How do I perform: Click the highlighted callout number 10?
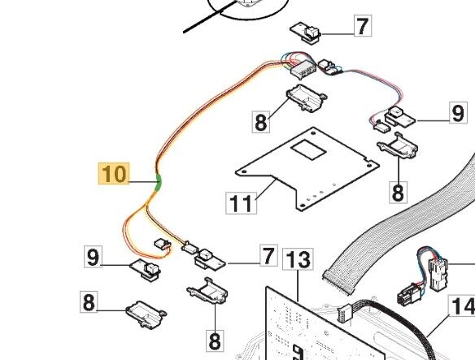point(114,173)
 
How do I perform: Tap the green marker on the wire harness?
point(158,182)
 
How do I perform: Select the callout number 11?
point(241,202)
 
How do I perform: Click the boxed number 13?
point(298,259)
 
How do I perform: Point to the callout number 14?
point(463,306)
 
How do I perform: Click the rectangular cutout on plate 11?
point(307,149)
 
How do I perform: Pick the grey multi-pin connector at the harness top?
point(303,70)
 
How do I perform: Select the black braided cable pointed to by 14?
point(394,312)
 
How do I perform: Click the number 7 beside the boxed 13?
point(268,256)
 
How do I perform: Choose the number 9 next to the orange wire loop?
point(93,257)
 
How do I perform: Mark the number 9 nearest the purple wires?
point(458,113)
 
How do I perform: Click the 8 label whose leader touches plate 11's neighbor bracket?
point(260,122)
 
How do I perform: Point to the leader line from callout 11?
point(266,189)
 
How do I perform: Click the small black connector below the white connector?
point(410,293)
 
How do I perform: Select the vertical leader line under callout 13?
point(298,286)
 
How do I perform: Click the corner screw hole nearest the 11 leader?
point(244,171)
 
